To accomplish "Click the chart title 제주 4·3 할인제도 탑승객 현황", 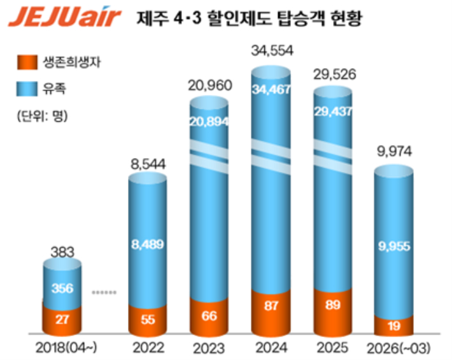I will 249,18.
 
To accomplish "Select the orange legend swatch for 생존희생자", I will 27,62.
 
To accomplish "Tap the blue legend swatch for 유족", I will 27,90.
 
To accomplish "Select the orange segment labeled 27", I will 61,318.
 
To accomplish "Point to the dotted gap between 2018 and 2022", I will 104,292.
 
